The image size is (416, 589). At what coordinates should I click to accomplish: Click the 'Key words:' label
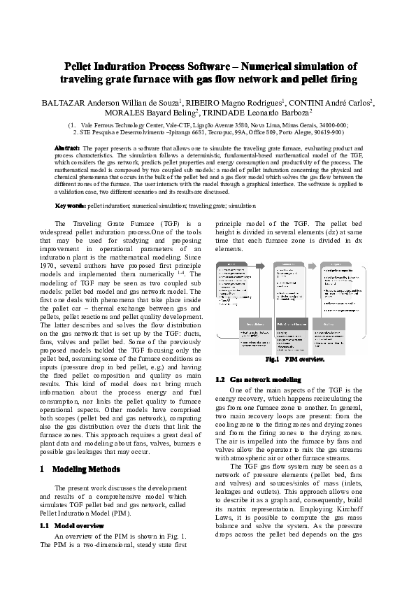[70, 206]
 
